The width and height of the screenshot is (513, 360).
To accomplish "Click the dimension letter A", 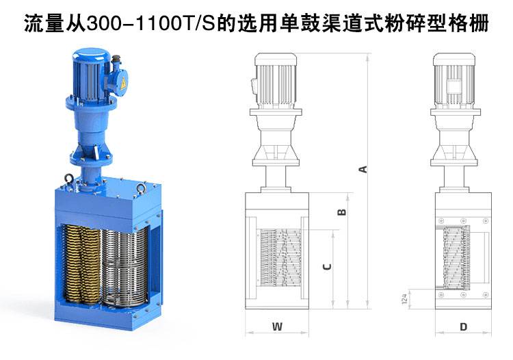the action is tap(363, 169).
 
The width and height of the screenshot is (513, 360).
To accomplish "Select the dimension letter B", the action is tap(341, 212).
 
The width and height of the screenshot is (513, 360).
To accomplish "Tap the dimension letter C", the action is tap(327, 267).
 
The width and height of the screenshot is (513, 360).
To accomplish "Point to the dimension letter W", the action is tap(277, 326).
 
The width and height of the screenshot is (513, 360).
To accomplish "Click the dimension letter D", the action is tap(463, 326).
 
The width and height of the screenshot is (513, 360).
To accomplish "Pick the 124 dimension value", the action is tap(404, 299).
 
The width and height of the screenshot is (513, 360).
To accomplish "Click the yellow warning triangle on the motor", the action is tap(123, 83).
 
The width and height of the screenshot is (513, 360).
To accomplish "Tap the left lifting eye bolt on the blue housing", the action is tap(69, 179).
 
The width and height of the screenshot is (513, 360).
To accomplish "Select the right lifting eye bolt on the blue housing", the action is tap(141, 188).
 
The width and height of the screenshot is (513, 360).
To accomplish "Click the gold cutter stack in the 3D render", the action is tap(81, 263).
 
